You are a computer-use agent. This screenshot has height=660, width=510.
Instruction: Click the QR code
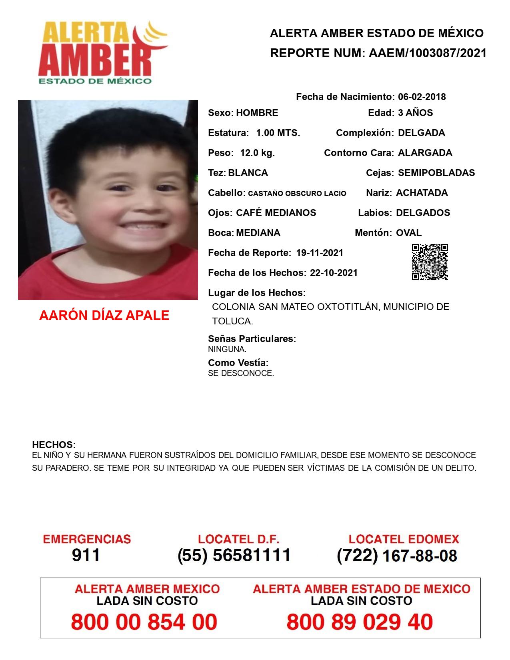430,262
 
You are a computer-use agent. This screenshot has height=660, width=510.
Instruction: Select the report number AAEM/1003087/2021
427,53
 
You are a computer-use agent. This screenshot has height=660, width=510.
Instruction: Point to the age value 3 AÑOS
415,113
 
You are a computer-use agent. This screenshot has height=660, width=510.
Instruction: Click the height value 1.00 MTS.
278,133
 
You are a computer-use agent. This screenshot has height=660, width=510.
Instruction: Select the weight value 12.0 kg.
257,153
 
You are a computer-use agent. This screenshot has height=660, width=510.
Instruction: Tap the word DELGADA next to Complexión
421,133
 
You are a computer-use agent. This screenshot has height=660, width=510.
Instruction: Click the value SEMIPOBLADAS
436,173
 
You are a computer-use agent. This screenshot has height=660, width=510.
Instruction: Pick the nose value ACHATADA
422,193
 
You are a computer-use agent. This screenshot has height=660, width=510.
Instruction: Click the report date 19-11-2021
320,253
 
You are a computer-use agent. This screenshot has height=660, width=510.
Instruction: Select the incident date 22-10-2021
334,273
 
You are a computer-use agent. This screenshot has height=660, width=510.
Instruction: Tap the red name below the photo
104,316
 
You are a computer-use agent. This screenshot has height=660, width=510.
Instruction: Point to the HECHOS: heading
54,445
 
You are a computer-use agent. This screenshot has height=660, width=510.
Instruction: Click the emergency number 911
86,555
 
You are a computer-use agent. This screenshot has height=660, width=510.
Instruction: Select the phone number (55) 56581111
234,555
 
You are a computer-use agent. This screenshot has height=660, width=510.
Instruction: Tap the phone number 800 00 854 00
144,622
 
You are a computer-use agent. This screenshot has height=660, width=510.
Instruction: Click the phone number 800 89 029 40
360,622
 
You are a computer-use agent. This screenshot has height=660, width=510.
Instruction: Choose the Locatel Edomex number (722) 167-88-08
397,556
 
